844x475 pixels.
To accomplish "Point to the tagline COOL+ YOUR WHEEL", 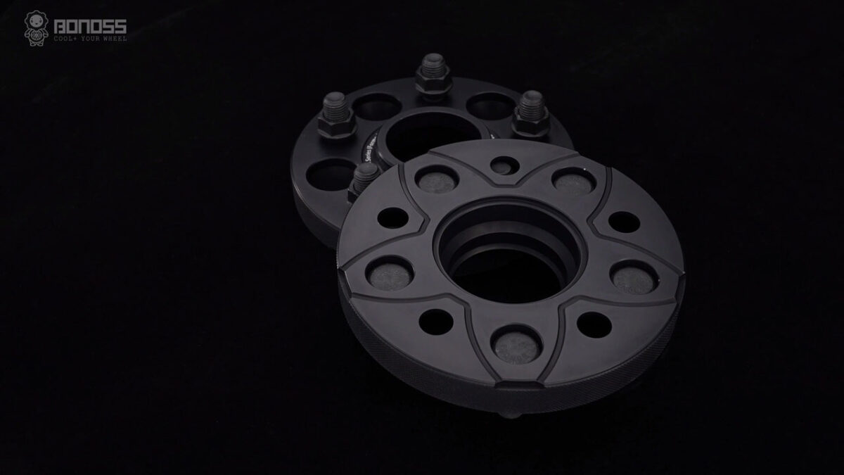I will point(90,39).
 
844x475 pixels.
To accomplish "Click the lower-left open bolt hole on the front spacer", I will point(435,321).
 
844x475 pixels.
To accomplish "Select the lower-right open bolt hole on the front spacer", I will point(594,324).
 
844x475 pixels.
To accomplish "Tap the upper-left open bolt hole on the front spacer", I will point(393,217).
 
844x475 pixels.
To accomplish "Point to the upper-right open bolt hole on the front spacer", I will point(623,222).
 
